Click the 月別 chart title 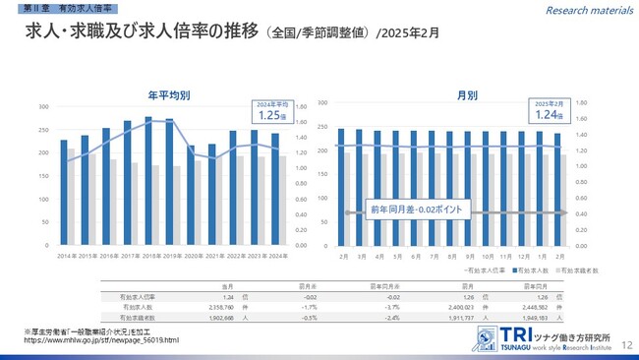pos(467,95)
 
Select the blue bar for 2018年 pos(148,181)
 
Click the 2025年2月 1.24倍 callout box pos(550,111)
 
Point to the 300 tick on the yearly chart pos(43,106)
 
